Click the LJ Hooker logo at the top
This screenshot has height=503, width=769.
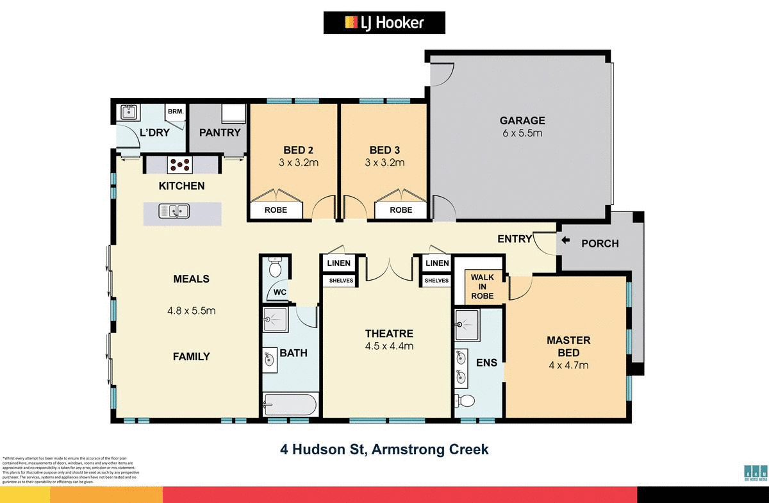point(384,23)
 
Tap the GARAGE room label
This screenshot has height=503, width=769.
point(522,120)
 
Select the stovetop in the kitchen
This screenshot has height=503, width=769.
point(179,164)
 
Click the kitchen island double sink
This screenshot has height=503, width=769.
point(173,210)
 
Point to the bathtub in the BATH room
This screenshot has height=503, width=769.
point(289,405)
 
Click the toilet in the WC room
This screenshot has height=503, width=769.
point(276,268)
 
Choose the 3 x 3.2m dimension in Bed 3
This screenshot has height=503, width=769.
point(384,163)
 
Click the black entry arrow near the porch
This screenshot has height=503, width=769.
point(565,241)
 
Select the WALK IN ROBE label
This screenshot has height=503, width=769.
point(483,286)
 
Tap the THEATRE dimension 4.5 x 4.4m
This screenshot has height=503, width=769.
point(389,346)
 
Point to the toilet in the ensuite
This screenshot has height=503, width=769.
point(466,401)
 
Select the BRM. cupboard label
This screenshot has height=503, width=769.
point(175,111)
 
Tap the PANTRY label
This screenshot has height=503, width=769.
point(220,133)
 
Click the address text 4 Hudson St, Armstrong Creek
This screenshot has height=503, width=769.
point(384,449)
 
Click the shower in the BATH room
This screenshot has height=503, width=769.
point(276,318)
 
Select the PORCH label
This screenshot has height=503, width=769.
point(600,243)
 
